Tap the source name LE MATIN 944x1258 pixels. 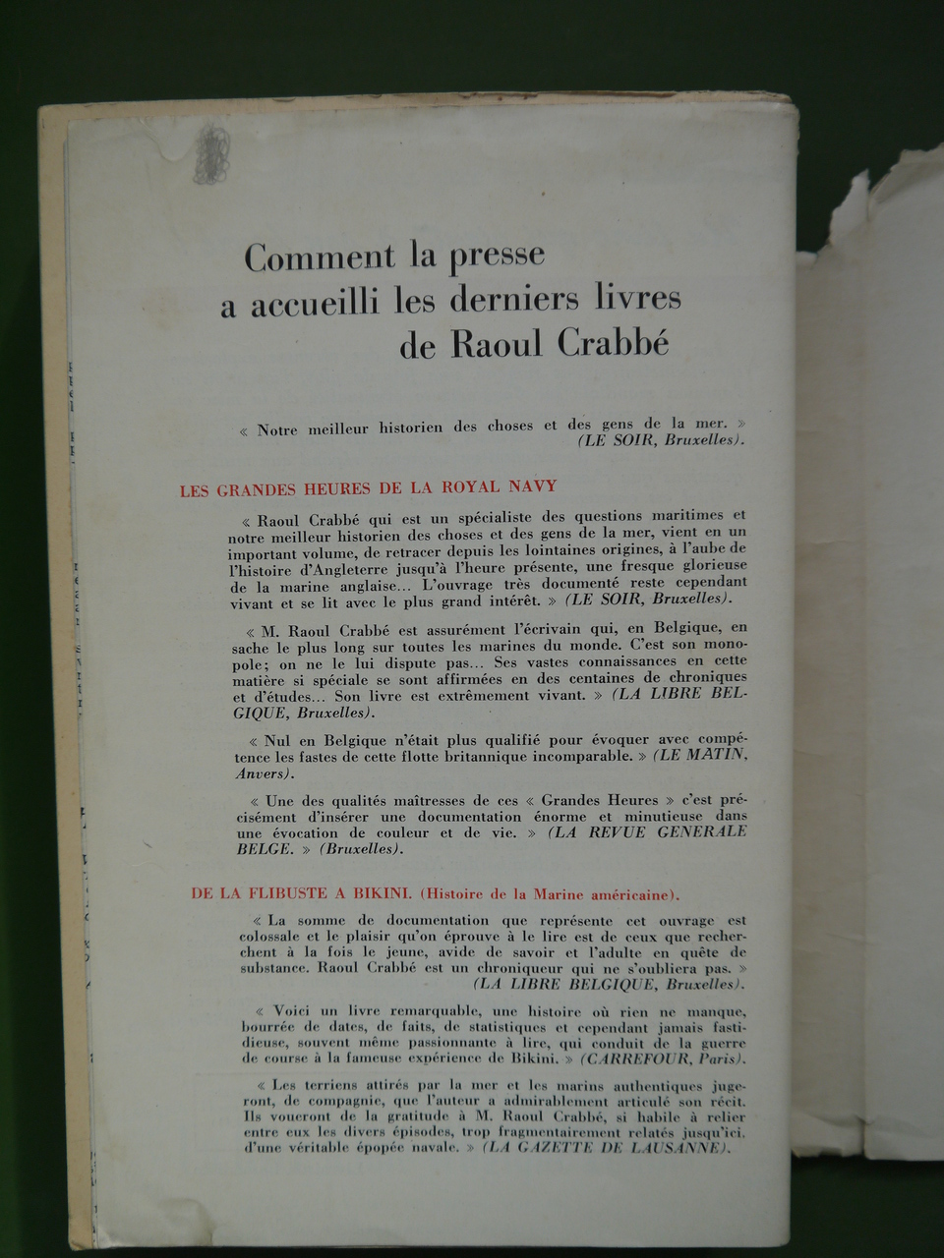(702, 755)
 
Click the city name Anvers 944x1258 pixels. (259, 773)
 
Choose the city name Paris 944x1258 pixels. (719, 1058)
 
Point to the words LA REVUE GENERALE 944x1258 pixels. (648, 831)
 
